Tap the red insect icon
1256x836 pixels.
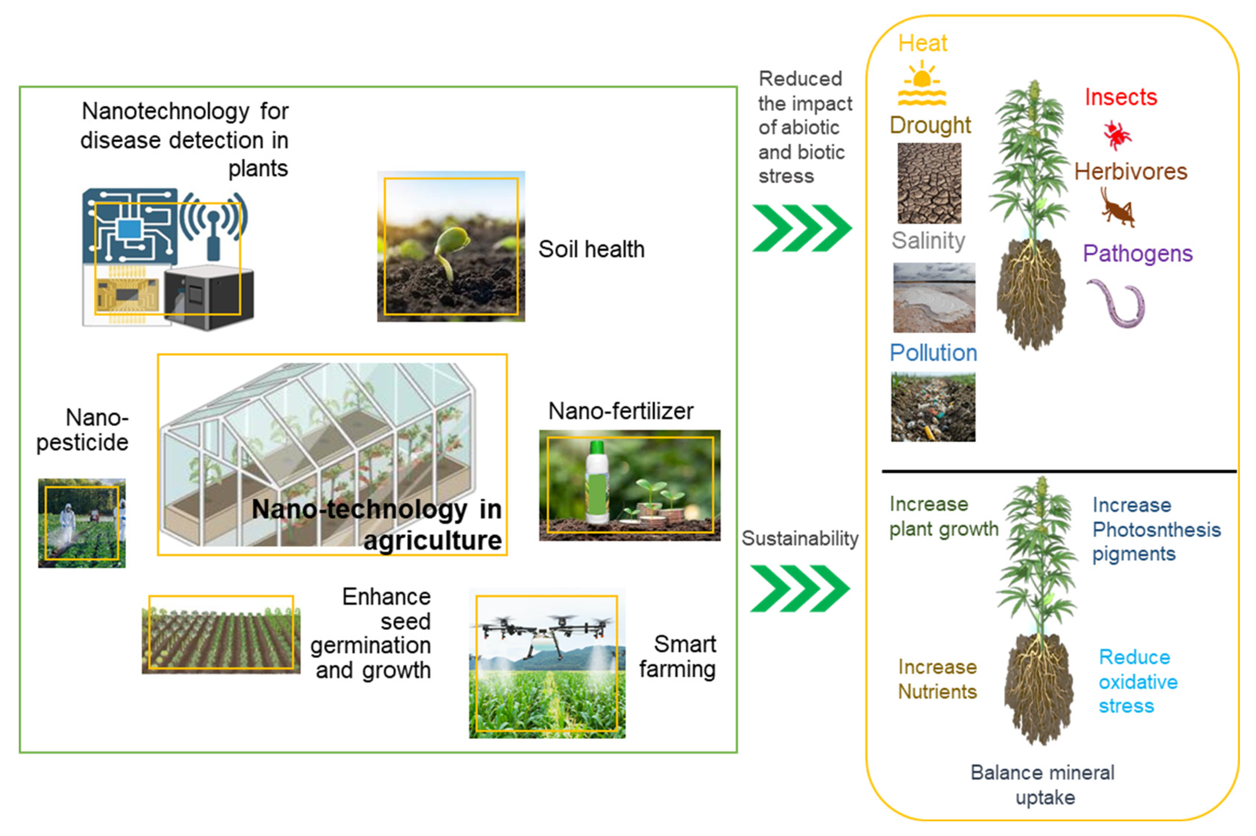1117,134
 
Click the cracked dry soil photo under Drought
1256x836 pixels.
929,183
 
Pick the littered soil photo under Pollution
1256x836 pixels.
933,407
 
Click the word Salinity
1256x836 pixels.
928,240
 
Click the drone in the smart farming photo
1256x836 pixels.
547,632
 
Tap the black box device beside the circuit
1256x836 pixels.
209,296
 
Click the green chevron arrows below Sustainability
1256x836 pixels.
799,588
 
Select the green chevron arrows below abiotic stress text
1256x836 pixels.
801,228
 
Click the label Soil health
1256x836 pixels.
591,249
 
